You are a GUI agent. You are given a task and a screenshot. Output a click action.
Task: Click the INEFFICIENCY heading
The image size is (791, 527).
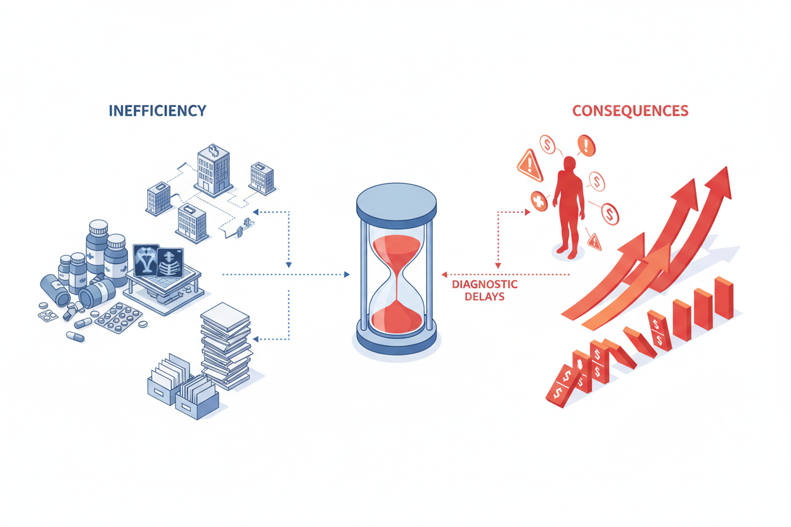pyautogui.click(x=157, y=110)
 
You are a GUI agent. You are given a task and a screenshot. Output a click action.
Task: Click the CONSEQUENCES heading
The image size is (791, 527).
pyautogui.click(x=630, y=111)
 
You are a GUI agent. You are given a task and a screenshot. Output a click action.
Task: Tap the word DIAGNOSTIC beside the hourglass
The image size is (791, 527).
pyautogui.click(x=485, y=284)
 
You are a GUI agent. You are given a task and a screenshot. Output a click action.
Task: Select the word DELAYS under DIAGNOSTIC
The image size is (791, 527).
pyautogui.click(x=485, y=296)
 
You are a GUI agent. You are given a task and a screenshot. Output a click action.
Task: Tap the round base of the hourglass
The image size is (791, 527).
pyautogui.click(x=396, y=343)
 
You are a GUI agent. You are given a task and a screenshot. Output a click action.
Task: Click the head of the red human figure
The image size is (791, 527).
pyautogui.click(x=570, y=163)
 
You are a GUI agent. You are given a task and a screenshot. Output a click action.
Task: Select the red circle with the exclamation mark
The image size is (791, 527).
pyautogui.click(x=586, y=145)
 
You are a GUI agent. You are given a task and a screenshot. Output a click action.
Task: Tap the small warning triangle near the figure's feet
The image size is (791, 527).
pyautogui.click(x=594, y=241)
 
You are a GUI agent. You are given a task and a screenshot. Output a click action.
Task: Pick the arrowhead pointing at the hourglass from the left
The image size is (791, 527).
pyautogui.click(x=345, y=274)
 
